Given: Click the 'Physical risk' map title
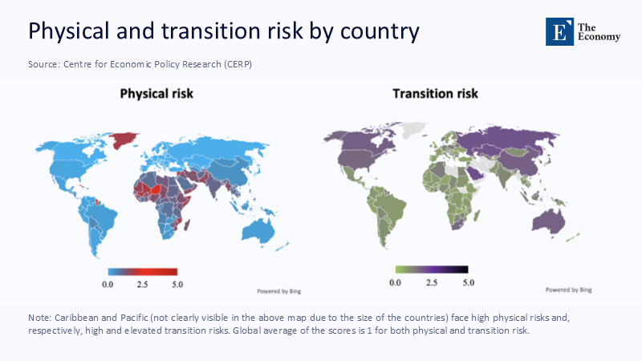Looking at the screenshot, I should (156, 94).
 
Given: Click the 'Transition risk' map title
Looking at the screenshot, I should (435, 94).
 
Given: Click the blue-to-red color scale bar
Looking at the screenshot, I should (142, 272).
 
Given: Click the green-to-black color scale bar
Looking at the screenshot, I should (431, 270).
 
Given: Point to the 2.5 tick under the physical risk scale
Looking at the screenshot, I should (142, 284).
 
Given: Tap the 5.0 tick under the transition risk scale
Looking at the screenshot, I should (467, 282).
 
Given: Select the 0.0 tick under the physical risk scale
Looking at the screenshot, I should (108, 284).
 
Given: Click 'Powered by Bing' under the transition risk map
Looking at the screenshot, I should (568, 289).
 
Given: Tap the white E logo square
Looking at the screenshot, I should (559, 30).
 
